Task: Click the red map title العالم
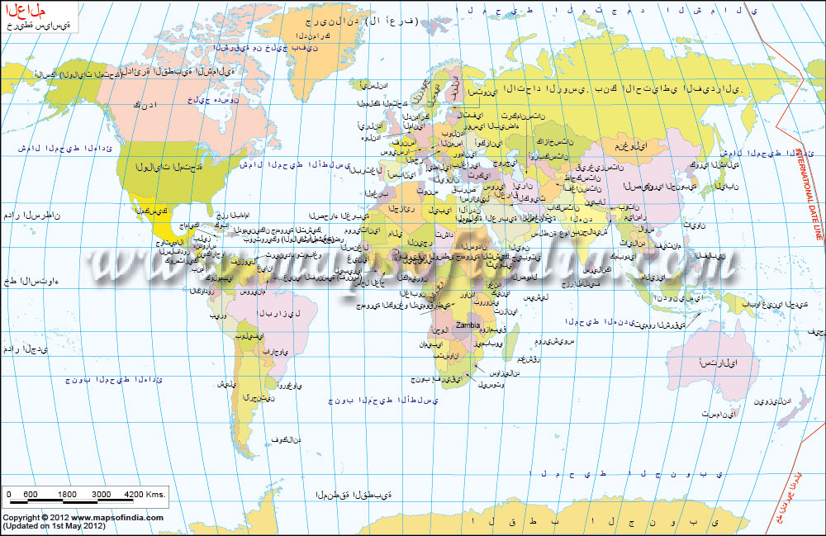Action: click(x=26, y=11)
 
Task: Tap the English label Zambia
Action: click(x=468, y=326)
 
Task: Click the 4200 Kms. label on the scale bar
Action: click(x=145, y=494)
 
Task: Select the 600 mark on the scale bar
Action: click(x=31, y=494)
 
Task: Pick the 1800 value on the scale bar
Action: click(x=68, y=494)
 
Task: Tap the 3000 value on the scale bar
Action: click(x=101, y=494)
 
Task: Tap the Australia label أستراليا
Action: click(x=718, y=363)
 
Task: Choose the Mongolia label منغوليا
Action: click(x=631, y=146)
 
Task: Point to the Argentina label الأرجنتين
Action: click(x=259, y=398)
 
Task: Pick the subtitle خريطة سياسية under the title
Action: click(x=38, y=26)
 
